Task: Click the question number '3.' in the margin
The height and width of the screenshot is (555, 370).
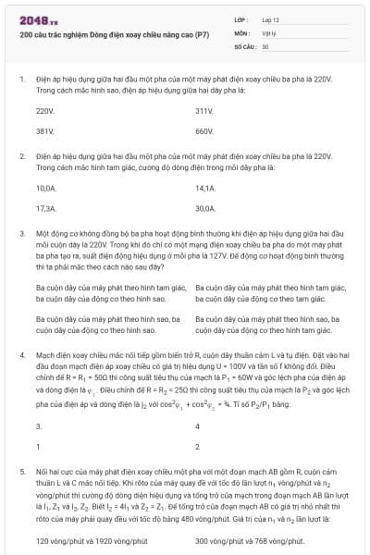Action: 22,235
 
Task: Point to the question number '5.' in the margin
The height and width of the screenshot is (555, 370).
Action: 22,471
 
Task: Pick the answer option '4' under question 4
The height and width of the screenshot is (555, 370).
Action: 198,426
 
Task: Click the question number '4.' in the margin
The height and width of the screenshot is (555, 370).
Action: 22,354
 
